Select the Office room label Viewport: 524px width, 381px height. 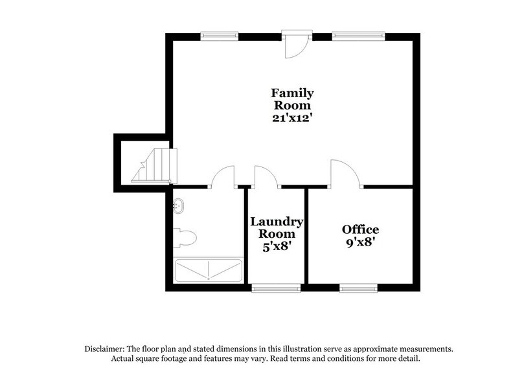360,229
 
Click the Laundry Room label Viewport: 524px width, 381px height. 277,227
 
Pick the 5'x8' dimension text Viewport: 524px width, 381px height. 277,247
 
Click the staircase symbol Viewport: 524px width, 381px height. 155,165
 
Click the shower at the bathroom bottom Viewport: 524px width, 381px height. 208,270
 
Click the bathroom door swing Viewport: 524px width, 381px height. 223,177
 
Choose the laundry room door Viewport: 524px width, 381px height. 265,177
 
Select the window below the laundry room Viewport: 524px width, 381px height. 275,288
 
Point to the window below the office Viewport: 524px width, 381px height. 360,288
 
